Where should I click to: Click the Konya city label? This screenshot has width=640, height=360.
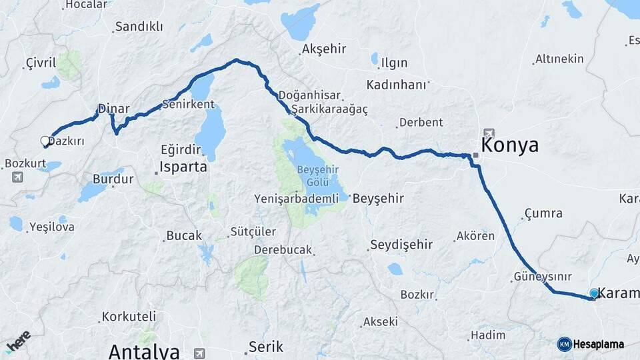pos(509,146)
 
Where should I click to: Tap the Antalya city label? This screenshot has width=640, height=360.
pos(144,351)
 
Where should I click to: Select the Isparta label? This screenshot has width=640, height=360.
pos(183,167)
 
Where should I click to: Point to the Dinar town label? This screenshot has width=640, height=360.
pos(113,109)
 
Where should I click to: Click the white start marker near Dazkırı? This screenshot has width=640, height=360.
pos(45,141)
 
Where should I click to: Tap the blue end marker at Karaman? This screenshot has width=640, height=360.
pos(594,293)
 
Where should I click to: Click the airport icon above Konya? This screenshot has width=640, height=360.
pos(490,132)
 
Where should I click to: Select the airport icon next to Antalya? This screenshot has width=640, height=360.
pos(199,353)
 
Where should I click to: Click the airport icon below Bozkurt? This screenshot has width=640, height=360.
pos(17,177)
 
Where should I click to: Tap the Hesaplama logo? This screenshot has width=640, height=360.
pos(591,344)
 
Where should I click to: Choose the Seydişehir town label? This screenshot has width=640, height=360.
pos(401,245)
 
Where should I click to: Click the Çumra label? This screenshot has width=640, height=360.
pos(543,213)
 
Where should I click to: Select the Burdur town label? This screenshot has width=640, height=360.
pos(113,179)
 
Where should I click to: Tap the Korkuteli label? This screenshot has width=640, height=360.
pos(130,316)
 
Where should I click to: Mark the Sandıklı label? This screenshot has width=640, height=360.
pos(139,27)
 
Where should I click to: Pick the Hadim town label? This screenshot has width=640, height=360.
pos(488,335)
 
